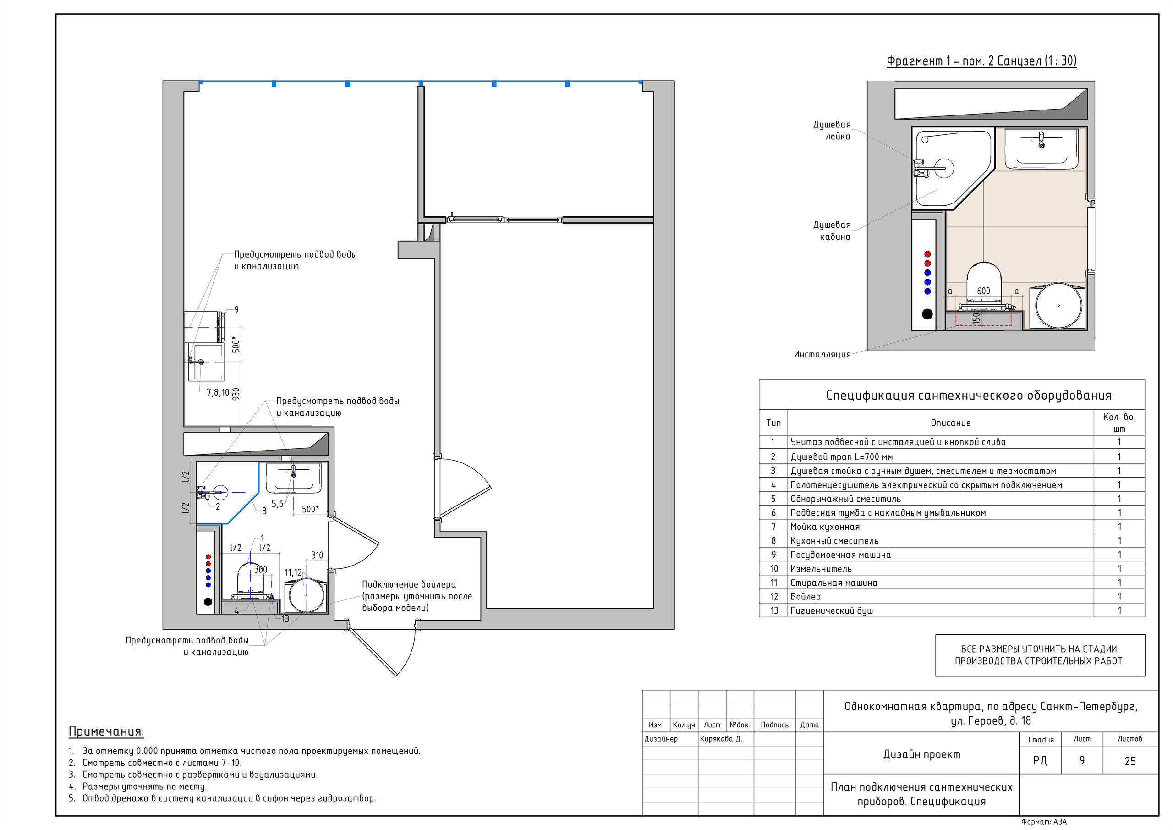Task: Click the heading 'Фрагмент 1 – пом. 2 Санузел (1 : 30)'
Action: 981,61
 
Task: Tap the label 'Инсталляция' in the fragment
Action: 822,355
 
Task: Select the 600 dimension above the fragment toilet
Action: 983,291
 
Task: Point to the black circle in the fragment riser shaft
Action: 927,314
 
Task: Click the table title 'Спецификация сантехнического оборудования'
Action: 969,395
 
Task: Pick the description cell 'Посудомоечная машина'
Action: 840,555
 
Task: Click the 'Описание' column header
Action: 950,423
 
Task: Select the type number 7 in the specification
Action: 773,527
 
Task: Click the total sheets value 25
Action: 1130,761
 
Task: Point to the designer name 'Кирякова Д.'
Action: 721,738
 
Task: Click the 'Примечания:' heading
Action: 106,732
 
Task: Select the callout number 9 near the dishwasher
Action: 236,309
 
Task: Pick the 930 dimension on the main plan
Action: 236,395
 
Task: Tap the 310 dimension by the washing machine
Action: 317,555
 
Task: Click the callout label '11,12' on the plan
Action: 293,573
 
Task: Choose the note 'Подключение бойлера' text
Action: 409,584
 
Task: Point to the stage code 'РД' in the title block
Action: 1040,761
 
